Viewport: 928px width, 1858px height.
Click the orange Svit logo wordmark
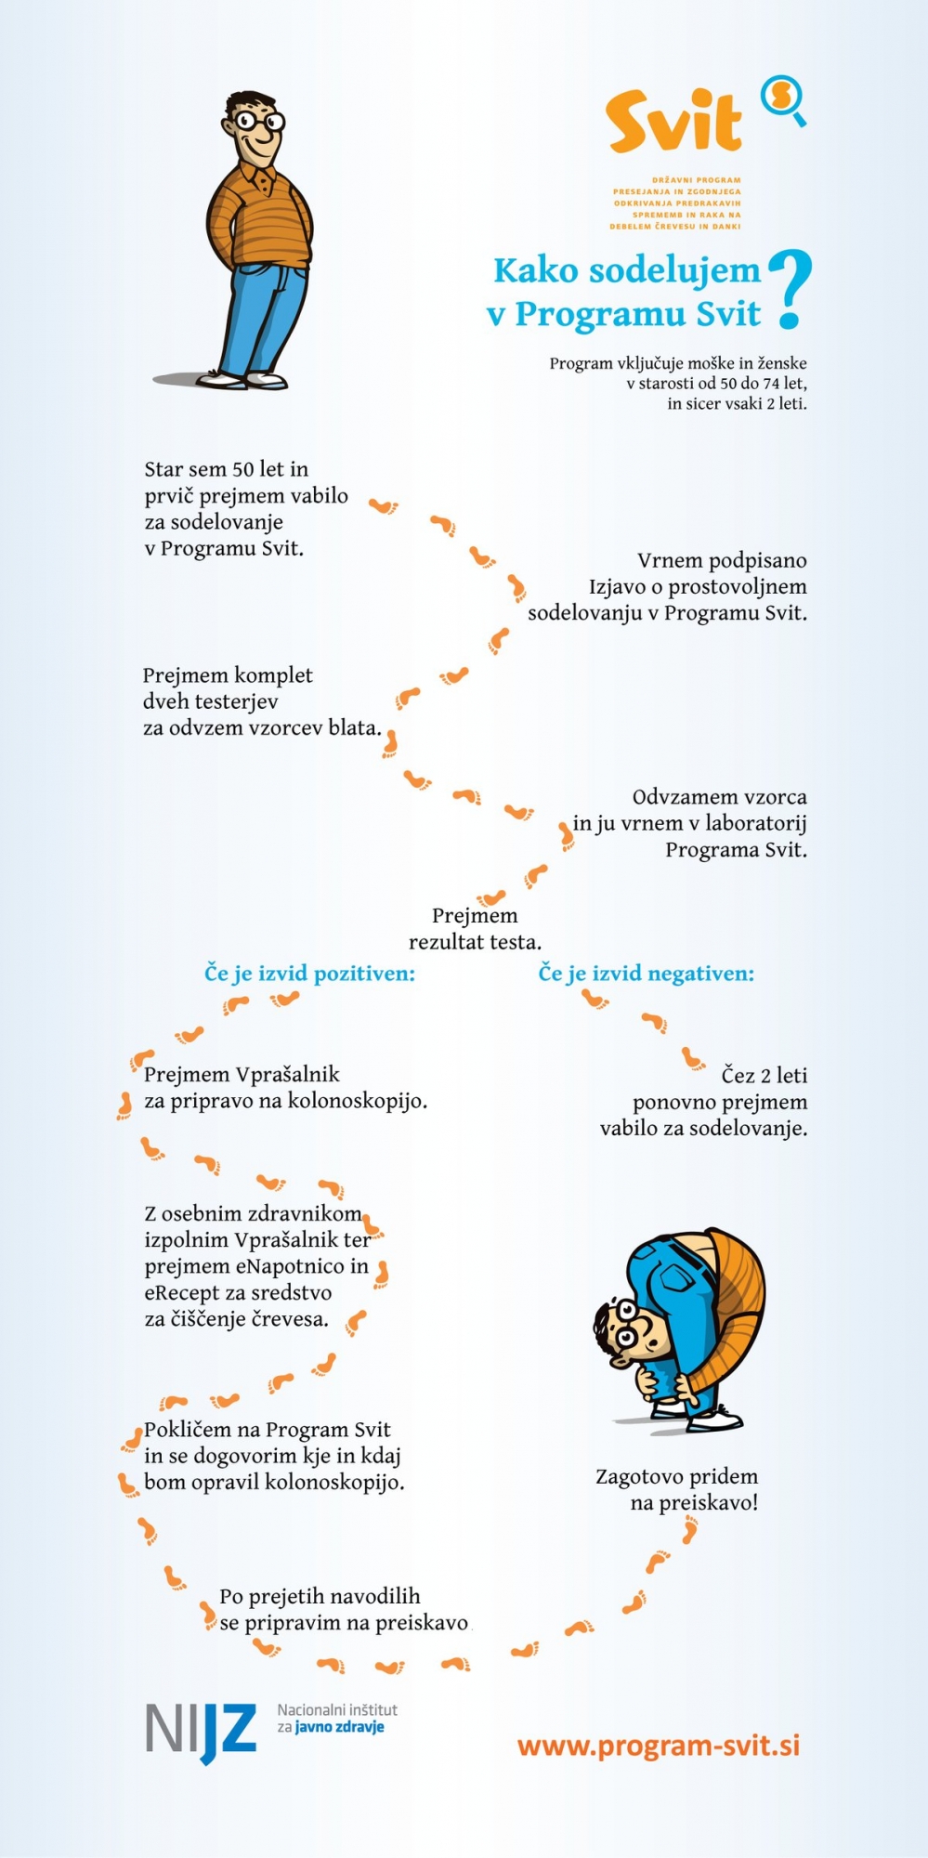[x=674, y=121]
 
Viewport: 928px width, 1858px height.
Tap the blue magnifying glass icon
[x=783, y=99]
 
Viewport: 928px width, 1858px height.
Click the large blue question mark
[x=790, y=289]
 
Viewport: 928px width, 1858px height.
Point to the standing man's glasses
[x=259, y=121]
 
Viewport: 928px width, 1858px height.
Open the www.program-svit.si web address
[x=659, y=1746]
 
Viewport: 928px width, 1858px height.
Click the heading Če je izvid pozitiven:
[x=309, y=973]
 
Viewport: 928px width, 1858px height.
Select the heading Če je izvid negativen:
[x=647, y=973]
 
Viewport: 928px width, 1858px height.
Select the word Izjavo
[x=618, y=587]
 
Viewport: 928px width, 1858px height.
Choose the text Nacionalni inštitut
[x=337, y=1709]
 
